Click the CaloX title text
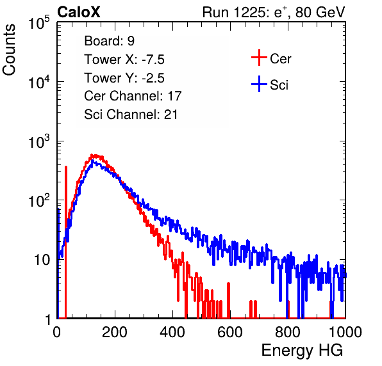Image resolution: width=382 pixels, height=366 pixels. [x=79, y=12]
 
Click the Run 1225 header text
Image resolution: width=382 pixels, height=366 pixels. [x=274, y=12]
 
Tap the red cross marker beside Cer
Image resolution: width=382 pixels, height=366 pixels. [x=259, y=58]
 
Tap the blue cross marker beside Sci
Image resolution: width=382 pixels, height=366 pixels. [x=259, y=84]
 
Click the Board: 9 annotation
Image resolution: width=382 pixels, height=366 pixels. [x=109, y=40]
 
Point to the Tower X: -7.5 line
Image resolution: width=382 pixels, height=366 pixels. [x=124, y=60]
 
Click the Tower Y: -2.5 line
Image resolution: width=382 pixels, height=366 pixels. [x=124, y=78]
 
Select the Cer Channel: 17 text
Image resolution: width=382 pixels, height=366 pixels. [x=133, y=96]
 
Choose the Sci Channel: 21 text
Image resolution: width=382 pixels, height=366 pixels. [x=131, y=115]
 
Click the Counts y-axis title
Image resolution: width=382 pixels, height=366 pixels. [x=9, y=50]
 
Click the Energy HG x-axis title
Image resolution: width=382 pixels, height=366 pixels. [x=302, y=350]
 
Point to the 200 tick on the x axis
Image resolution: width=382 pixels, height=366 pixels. [x=115, y=332]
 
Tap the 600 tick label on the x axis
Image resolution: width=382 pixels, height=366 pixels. [x=230, y=332]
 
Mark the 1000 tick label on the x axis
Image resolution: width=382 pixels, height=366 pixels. [x=345, y=332]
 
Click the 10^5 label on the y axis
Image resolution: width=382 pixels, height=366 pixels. [x=39, y=23]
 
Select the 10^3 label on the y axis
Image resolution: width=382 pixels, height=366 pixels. [x=39, y=141]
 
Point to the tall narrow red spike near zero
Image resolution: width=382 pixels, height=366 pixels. [x=66, y=242]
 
